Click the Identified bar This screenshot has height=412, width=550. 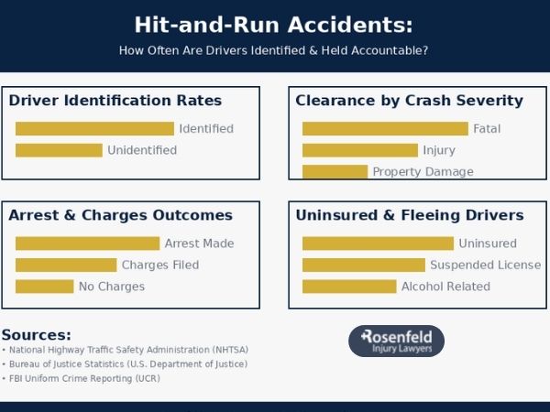click(94, 129)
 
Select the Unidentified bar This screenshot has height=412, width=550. click(59, 150)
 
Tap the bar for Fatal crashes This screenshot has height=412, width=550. click(385, 129)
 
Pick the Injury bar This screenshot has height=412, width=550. click(360, 150)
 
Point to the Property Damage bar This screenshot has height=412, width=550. click(335, 171)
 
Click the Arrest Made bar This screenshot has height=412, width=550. click(87, 244)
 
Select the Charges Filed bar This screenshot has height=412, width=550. click(66, 265)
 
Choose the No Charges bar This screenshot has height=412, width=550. click(44, 287)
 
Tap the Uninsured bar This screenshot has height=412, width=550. click(378, 244)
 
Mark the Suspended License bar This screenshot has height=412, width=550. click(364, 265)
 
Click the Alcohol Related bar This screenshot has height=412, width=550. click(349, 287)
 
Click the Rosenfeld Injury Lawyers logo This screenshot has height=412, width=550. click(396, 341)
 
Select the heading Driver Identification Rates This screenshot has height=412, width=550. click(115, 101)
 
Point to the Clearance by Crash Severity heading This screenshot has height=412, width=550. click(409, 101)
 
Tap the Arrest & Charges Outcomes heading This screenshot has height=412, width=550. click(120, 215)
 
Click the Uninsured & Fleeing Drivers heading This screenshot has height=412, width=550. click(410, 215)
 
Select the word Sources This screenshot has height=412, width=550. click(36, 335)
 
